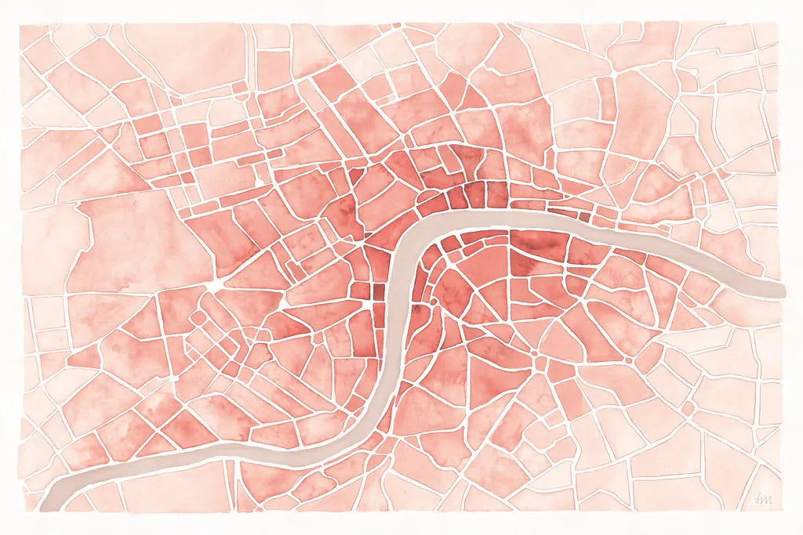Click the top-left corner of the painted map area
pyautogui.click(x=21, y=23)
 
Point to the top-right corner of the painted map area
pyautogui.click(x=780, y=23)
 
